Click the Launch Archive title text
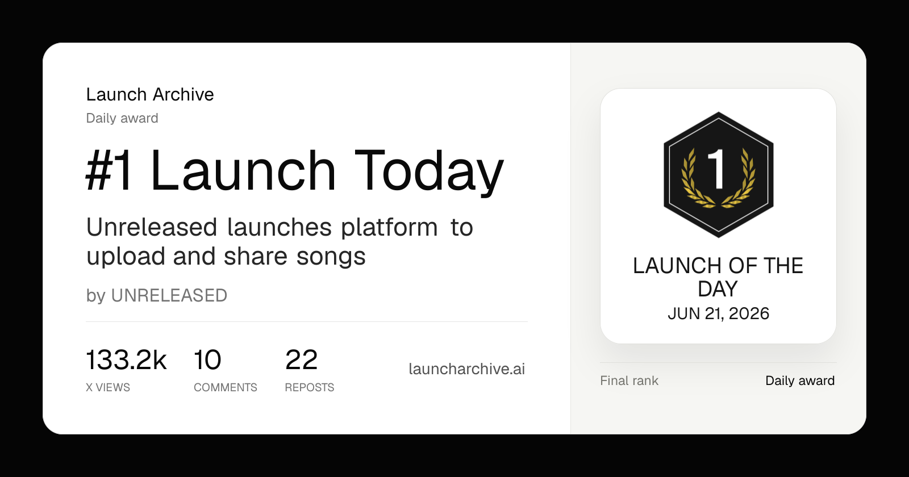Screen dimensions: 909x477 [150, 94]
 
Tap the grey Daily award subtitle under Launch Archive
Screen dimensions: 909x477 [122, 118]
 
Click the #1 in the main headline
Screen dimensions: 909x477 [109, 170]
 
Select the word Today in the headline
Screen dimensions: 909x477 [429, 173]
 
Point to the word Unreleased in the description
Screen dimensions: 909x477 [151, 227]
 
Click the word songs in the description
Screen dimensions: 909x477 [331, 257]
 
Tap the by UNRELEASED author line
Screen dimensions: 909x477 [157, 295]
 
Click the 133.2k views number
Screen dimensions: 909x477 [126, 359]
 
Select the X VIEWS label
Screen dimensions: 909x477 [108, 387]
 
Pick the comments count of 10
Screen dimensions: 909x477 [207, 360]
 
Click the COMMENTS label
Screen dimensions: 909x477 [225, 387]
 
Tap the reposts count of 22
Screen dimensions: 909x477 [301, 360]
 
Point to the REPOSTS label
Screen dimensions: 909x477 [309, 387]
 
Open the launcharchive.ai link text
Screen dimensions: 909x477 [466, 369]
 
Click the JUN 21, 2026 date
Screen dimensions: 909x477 [718, 313]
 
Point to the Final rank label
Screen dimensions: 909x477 [629, 380]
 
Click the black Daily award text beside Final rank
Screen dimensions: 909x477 [800, 380]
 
